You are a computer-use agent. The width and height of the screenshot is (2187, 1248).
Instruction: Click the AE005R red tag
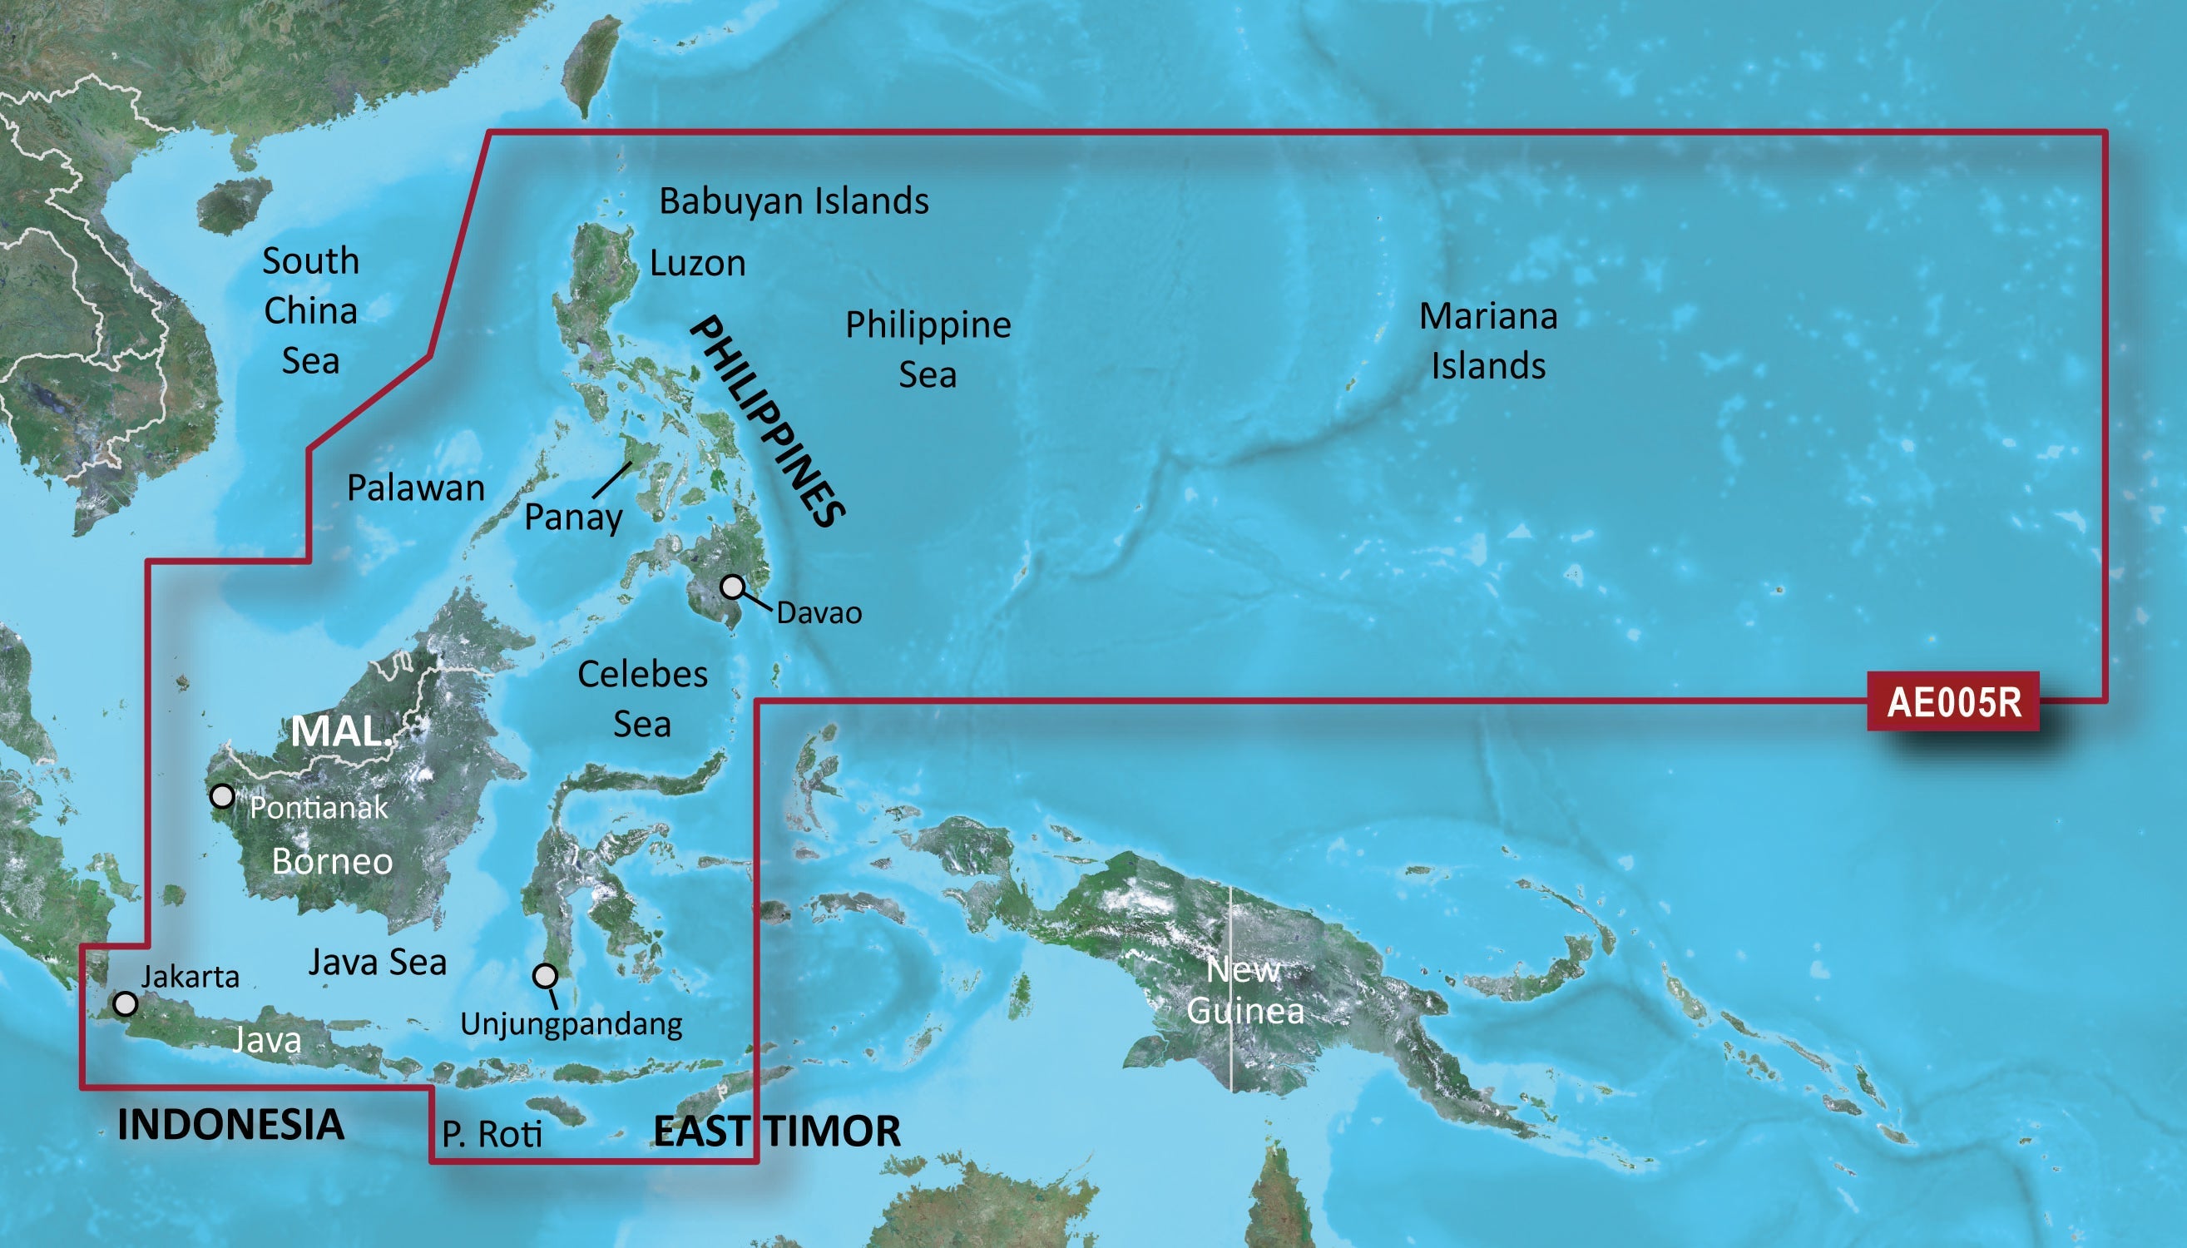1953,702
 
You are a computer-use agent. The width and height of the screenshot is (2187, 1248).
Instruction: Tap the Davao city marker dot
731,587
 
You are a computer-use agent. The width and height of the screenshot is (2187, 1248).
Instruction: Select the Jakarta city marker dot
126,1003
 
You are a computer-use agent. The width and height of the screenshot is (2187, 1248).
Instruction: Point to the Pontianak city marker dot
222,796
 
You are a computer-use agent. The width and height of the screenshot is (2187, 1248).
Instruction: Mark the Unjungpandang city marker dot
545,975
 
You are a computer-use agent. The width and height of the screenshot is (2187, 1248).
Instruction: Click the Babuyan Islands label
794,201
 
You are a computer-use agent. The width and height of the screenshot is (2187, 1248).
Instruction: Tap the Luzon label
698,263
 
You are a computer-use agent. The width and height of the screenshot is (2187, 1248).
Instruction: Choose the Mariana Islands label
1488,340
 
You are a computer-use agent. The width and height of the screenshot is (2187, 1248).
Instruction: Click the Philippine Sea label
928,349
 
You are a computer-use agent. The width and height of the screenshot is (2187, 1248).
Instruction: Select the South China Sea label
310,310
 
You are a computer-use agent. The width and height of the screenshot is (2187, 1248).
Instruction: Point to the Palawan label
416,488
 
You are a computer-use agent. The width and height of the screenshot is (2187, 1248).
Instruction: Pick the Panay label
573,518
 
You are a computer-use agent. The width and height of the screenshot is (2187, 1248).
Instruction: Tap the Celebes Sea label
643,699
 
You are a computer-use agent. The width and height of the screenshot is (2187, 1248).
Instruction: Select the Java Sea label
377,963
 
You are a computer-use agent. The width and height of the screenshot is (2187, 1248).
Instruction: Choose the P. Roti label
492,1134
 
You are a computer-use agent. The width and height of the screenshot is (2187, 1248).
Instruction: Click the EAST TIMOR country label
776,1132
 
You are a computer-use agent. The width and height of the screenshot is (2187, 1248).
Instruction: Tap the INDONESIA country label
230,1125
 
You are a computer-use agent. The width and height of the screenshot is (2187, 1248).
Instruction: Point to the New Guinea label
1244,991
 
